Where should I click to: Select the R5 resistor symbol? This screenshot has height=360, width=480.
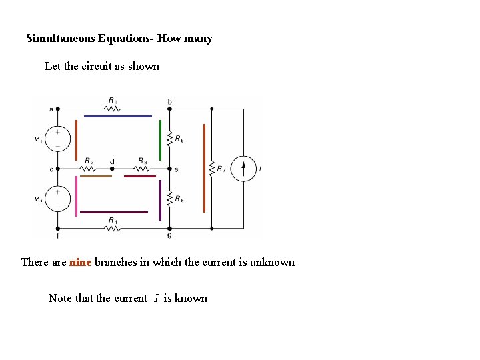pos(169,139)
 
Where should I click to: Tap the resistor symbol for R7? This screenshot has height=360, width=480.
pos(211,168)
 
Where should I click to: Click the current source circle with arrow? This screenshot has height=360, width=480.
pos(243,168)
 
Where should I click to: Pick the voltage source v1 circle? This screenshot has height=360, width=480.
pos(58,139)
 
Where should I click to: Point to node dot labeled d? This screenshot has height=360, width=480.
pos(112,169)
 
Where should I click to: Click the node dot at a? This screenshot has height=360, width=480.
pos(58,108)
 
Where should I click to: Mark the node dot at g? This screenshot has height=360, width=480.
pos(169,228)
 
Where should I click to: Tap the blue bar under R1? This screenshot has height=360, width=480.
pos(118,116)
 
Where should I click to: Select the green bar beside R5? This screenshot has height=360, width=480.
pos(161,140)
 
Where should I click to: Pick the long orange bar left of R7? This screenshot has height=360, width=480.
pos(204,168)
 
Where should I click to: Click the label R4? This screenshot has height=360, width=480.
pos(113,219)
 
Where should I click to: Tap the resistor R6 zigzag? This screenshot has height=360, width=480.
pos(169,199)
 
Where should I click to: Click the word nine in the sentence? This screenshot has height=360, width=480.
pos(80,262)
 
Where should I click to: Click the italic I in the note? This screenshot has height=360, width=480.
pos(156,299)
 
